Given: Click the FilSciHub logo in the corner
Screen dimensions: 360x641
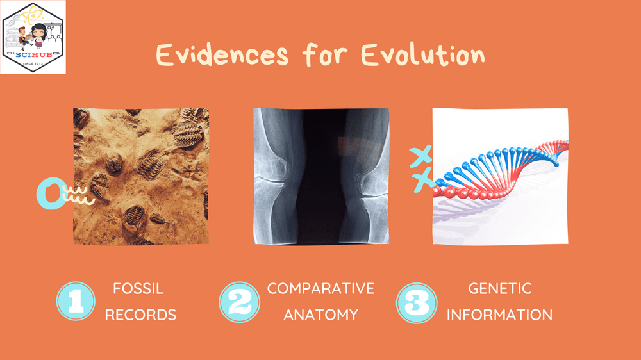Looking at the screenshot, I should [x=33, y=37].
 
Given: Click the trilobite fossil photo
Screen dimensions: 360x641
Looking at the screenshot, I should [x=141, y=176].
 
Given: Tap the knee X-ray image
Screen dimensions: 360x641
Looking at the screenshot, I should [x=321, y=176].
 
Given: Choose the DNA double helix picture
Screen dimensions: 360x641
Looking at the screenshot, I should [x=500, y=176].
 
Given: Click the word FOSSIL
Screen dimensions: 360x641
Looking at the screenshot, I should [x=138, y=289].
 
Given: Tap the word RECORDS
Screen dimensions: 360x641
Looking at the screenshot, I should [x=140, y=315].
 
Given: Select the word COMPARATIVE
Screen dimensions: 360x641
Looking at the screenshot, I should [x=320, y=289].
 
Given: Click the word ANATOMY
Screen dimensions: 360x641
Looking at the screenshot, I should [x=320, y=315].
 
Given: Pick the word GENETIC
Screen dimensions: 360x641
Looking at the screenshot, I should [x=500, y=289].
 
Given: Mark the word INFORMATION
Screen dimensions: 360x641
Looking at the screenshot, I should [x=500, y=315].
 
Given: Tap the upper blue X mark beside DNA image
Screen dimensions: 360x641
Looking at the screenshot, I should [x=420, y=156].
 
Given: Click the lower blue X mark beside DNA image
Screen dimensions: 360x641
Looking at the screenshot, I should [x=423, y=181].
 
